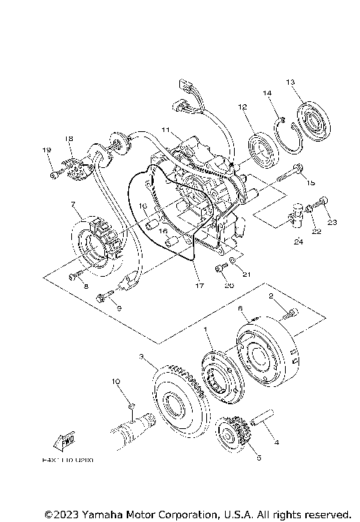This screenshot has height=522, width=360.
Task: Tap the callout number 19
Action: (48, 151)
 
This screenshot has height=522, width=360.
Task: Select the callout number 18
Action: (68, 139)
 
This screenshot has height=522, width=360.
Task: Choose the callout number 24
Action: (298, 241)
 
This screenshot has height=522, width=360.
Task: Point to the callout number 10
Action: (116, 382)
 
